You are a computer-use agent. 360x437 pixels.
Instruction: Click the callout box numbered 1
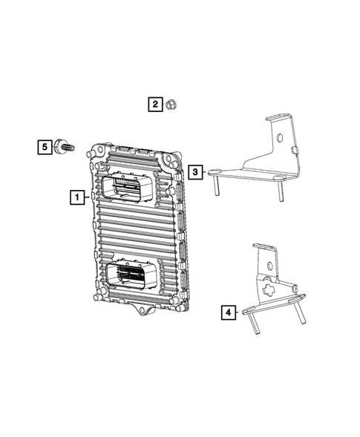pyautogui.click(x=76, y=197)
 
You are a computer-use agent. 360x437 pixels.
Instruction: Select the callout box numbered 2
pyautogui.click(x=155, y=105)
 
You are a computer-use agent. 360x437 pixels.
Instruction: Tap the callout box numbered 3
pyautogui.click(x=195, y=172)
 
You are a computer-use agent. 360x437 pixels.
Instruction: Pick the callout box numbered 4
pyautogui.click(x=227, y=312)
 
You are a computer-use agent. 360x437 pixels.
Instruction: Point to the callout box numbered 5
pyautogui.click(x=45, y=147)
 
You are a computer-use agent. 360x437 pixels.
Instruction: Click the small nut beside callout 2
pyautogui.click(x=170, y=105)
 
